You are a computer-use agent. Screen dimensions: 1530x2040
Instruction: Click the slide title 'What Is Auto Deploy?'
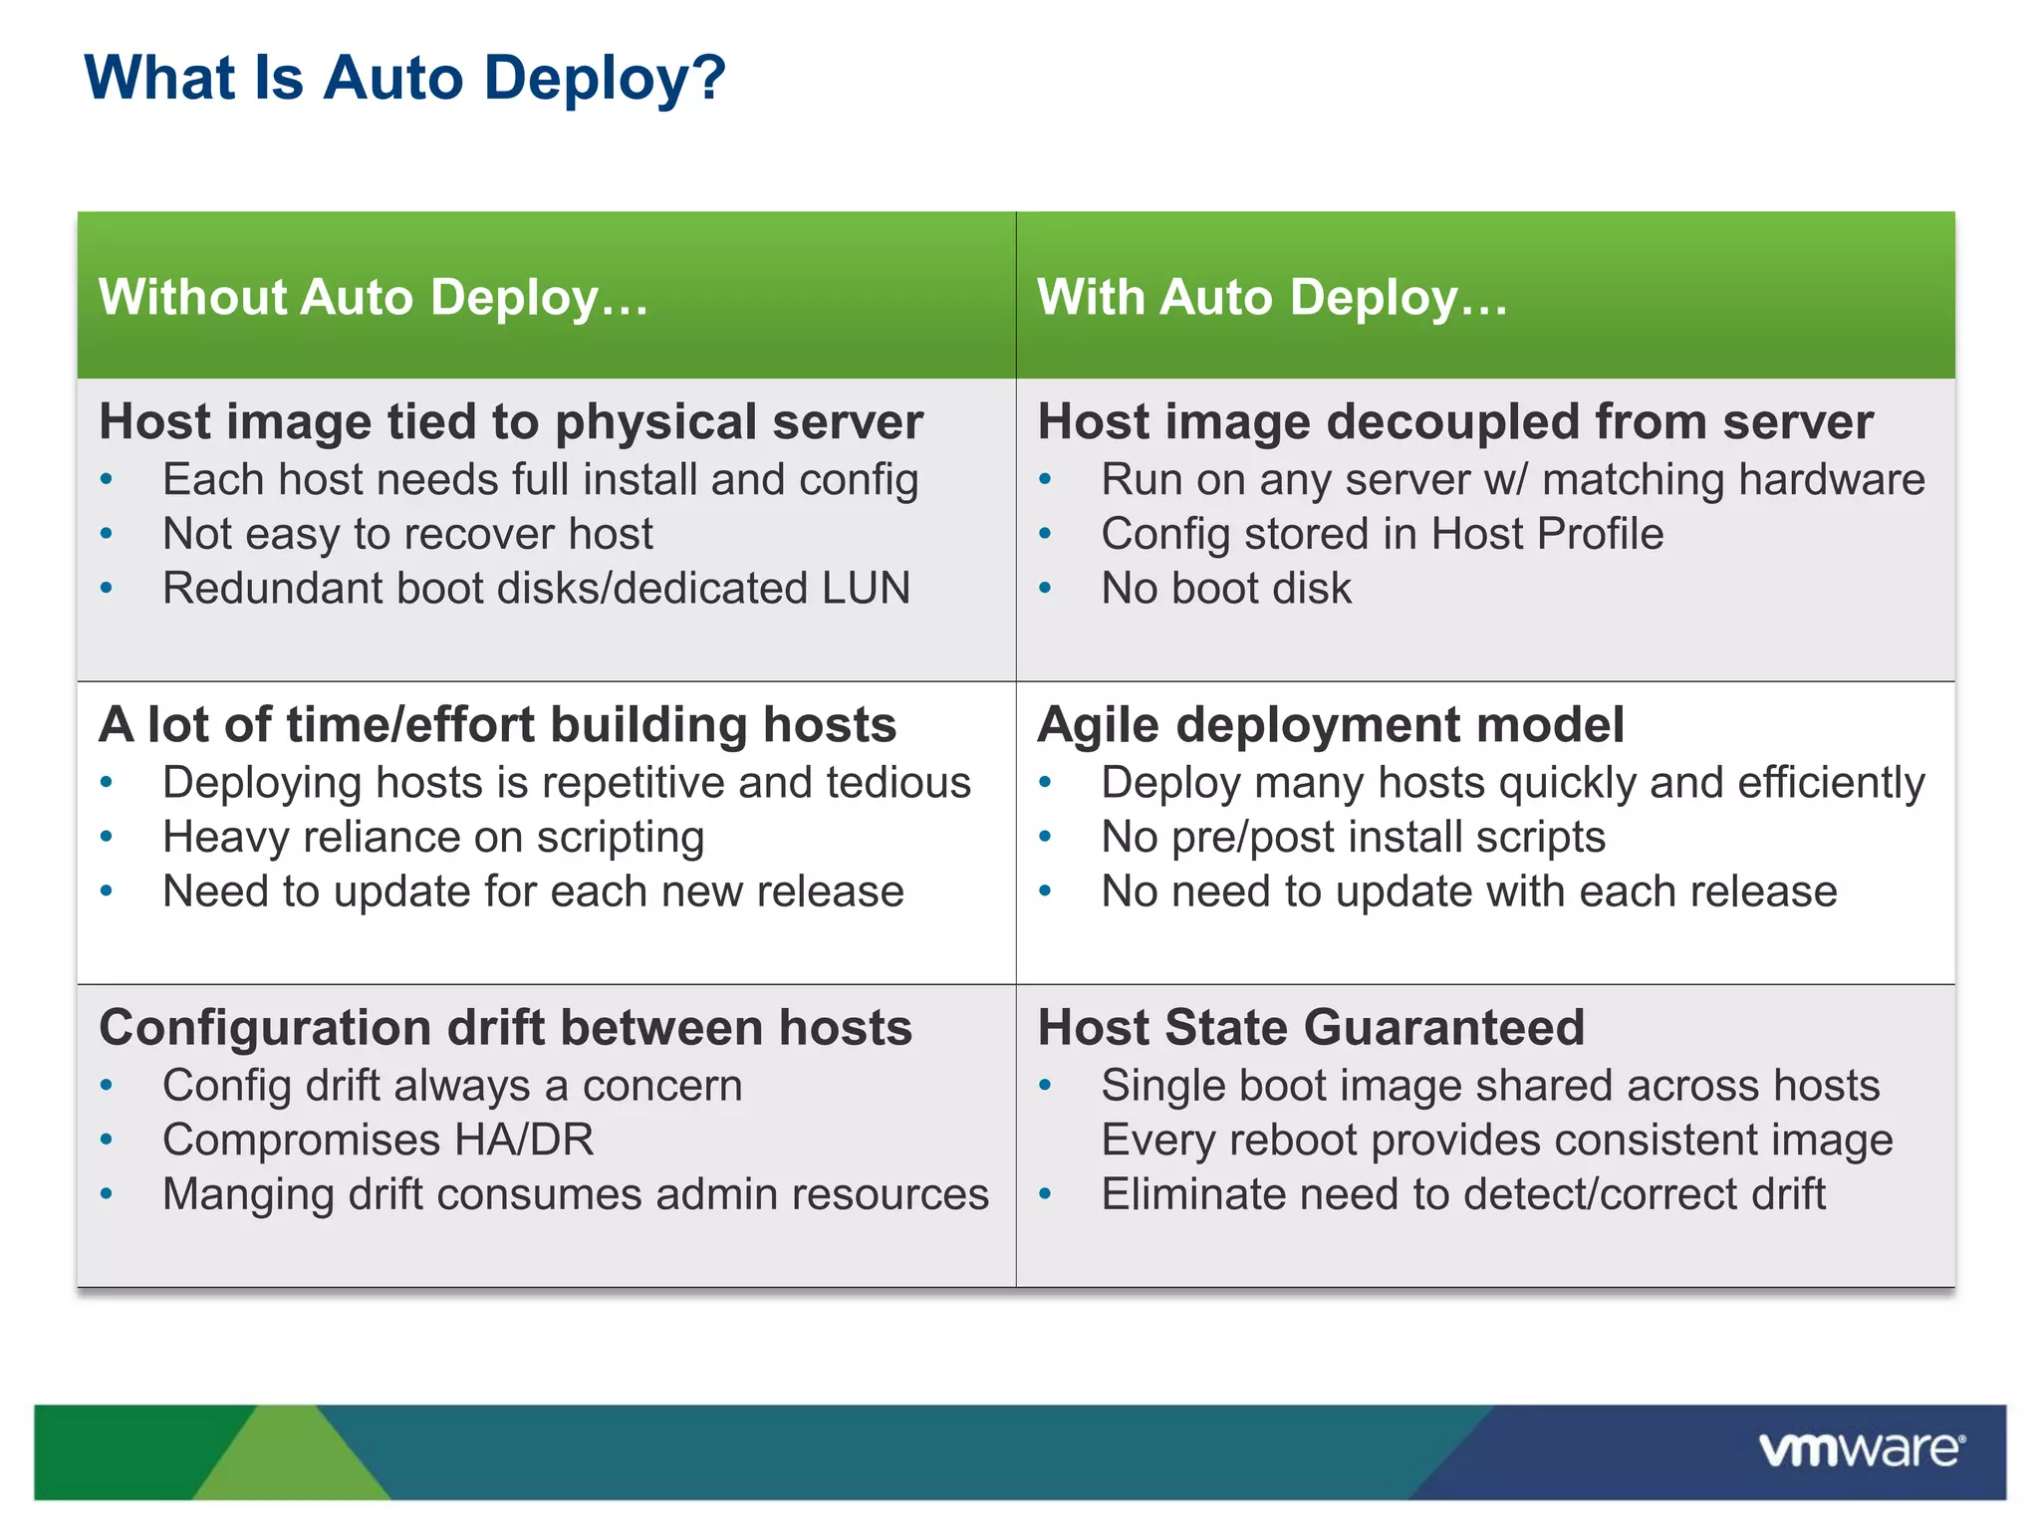pyautogui.click(x=404, y=78)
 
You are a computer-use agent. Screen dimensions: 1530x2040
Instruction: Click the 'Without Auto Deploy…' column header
pyautogui.click(x=374, y=297)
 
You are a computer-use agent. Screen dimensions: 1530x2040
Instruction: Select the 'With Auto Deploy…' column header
pyautogui.click(x=1272, y=297)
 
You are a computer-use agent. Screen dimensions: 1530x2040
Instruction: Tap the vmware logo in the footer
pyautogui.click(x=1861, y=1449)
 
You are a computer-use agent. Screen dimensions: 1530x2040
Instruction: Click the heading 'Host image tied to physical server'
pyautogui.click(x=511, y=421)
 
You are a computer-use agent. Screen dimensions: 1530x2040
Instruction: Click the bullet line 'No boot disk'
pyautogui.click(x=1226, y=588)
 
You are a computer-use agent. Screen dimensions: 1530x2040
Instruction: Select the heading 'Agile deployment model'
pyautogui.click(x=1331, y=724)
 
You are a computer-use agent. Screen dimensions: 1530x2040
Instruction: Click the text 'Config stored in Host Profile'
pyautogui.click(x=1382, y=534)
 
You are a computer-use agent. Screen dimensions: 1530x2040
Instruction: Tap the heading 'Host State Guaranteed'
pyautogui.click(x=1311, y=1027)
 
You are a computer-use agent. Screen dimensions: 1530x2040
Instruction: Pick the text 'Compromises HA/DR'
pyautogui.click(x=379, y=1140)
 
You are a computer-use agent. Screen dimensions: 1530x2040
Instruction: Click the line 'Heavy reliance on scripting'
pyautogui.click(x=433, y=837)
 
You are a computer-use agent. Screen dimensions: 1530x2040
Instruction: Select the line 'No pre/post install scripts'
pyautogui.click(x=1353, y=837)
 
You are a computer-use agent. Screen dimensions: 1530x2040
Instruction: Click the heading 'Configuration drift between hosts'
pyautogui.click(x=506, y=1027)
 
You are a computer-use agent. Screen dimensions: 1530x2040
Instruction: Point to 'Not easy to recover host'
pyautogui.click(x=408, y=534)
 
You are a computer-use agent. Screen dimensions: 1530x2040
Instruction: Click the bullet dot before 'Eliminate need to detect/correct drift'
pyautogui.click(x=1045, y=1193)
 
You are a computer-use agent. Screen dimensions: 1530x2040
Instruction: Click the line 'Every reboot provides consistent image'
pyautogui.click(x=1496, y=1140)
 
